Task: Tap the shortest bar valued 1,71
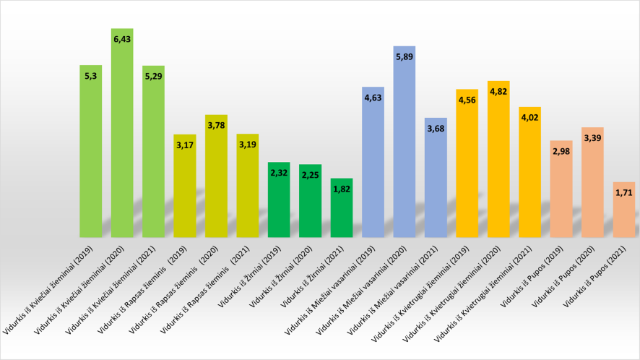[x=624, y=213]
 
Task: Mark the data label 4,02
[x=529, y=115]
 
